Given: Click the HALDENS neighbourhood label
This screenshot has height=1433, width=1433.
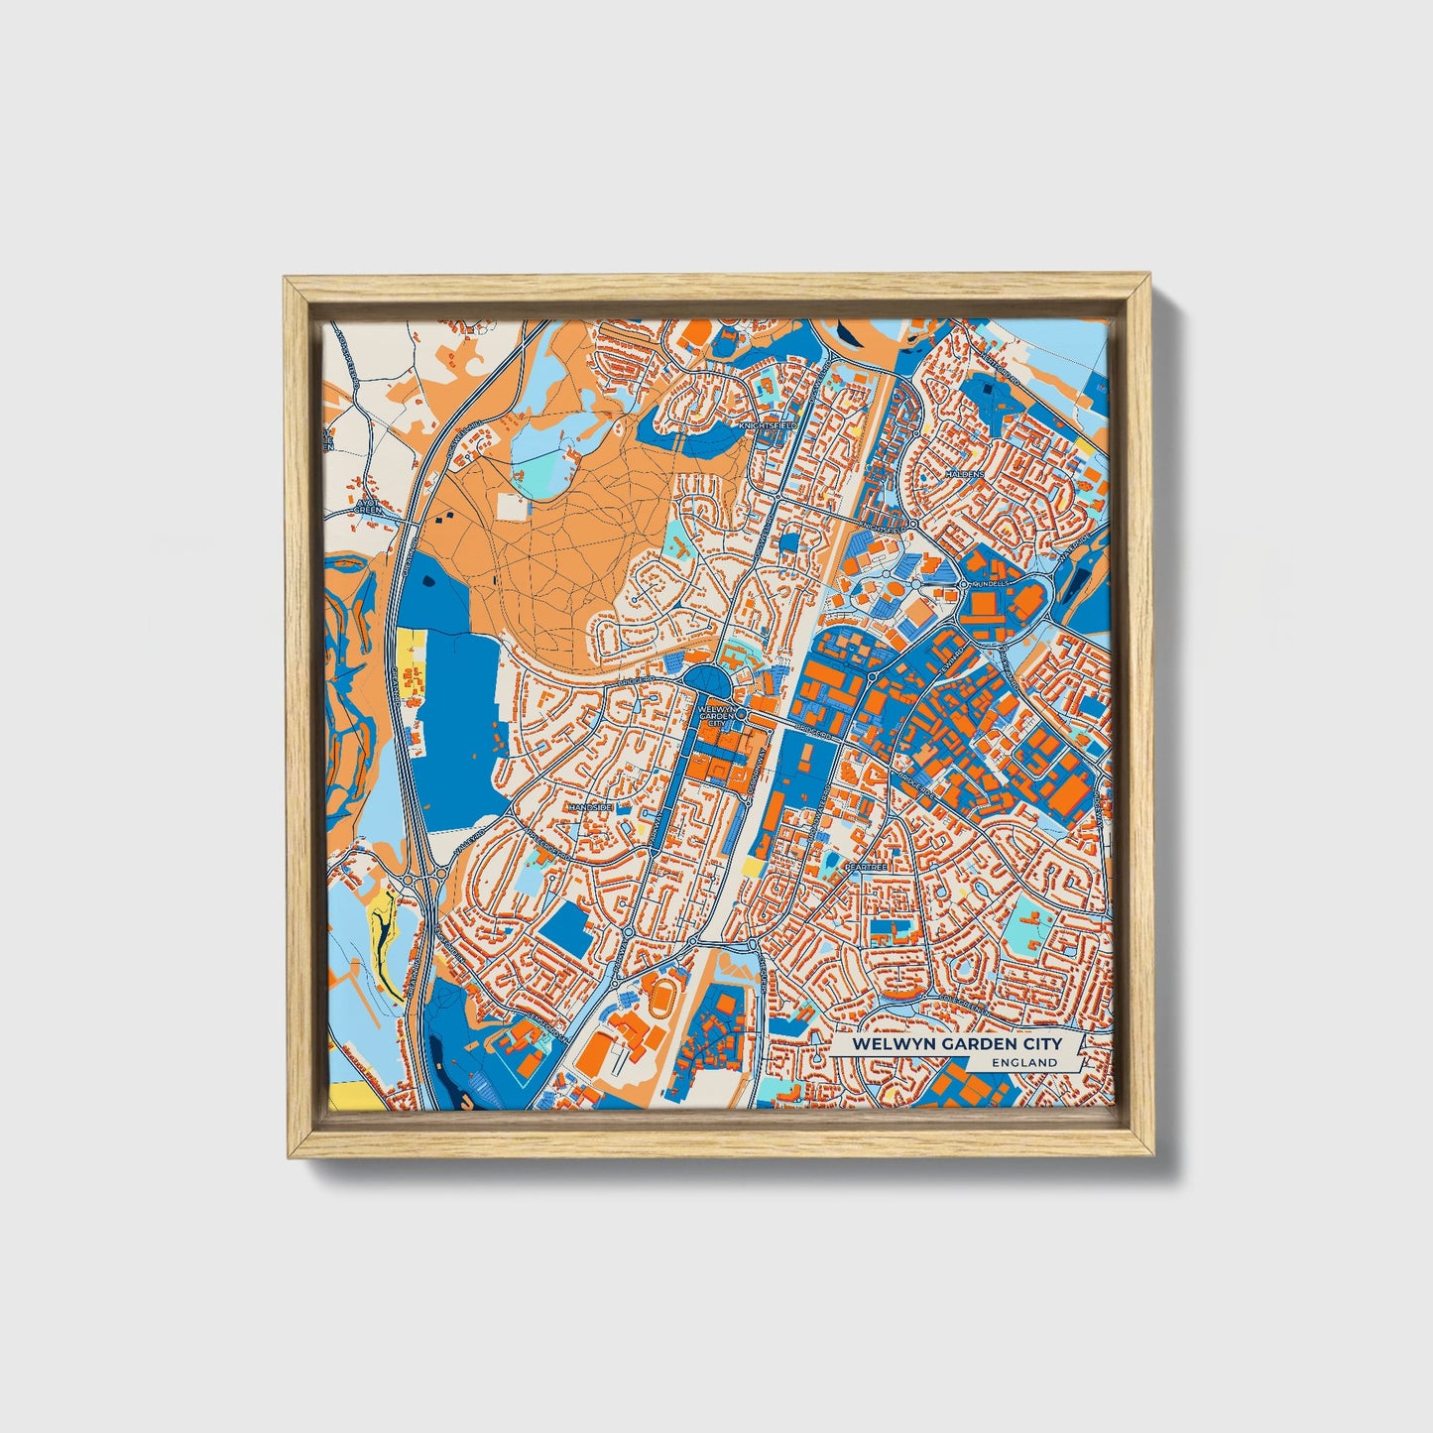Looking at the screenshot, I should (x=965, y=474).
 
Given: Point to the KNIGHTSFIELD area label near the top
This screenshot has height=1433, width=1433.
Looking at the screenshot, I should (x=770, y=424).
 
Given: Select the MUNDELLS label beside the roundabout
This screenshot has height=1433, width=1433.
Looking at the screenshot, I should (x=990, y=584).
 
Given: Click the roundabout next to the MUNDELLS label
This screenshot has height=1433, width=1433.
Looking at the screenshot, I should (x=964, y=584).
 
